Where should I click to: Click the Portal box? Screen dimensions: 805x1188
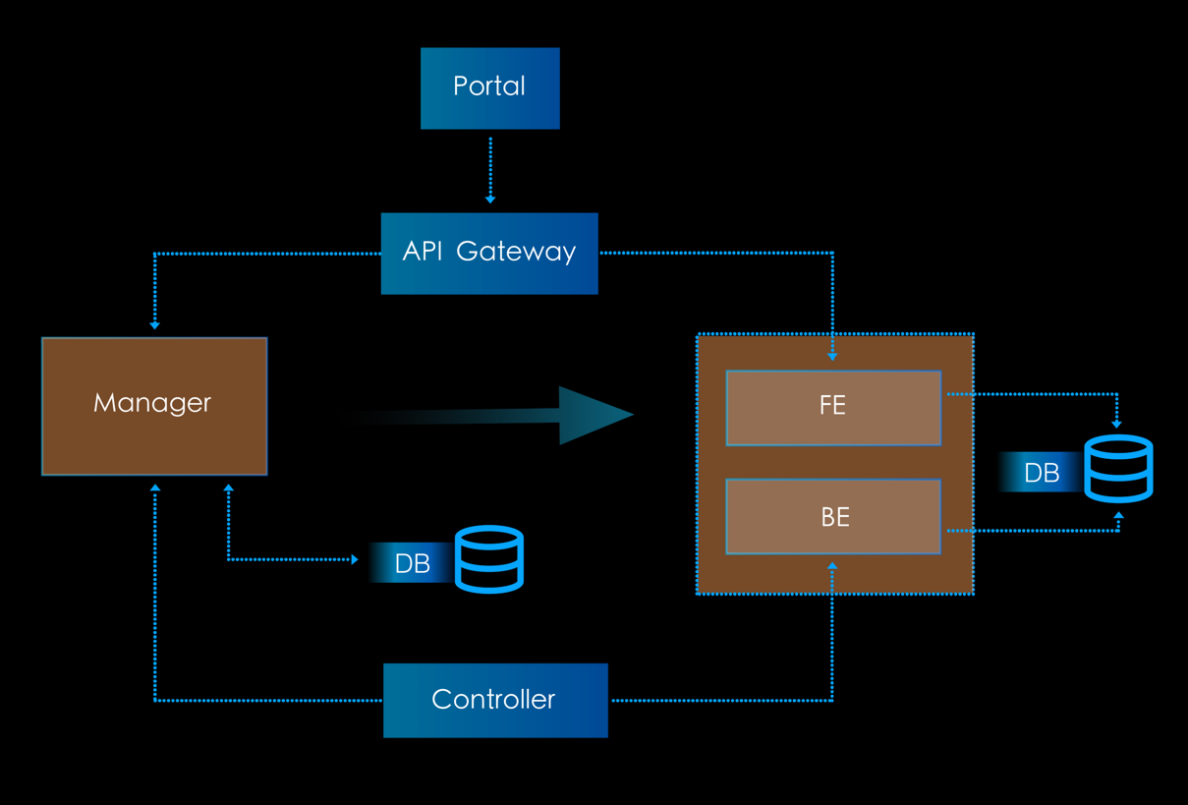tap(489, 87)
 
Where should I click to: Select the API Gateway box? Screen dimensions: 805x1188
tap(488, 253)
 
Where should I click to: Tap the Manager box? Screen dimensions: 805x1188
tap(154, 406)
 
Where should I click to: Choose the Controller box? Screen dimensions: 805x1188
tap(494, 700)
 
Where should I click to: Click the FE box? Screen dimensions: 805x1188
tap(832, 407)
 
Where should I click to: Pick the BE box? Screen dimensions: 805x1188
tap(832, 517)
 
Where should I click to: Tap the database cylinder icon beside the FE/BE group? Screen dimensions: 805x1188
tap(1118, 469)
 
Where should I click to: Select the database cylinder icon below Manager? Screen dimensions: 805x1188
tap(489, 559)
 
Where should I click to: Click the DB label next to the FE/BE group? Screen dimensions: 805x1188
tap(1042, 474)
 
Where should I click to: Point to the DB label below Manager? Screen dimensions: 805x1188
tap(413, 563)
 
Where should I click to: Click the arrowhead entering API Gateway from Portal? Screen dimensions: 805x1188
tap(490, 200)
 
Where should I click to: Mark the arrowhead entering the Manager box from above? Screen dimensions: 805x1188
tap(154, 324)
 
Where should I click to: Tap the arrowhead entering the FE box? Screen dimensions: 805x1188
tap(832, 357)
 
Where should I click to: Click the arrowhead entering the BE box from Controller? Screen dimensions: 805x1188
tap(832, 566)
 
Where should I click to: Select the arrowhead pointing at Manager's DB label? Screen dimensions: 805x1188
tap(355, 559)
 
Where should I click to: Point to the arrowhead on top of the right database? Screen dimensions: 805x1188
tap(1117, 424)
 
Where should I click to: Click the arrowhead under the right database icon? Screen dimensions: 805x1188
tap(1118, 515)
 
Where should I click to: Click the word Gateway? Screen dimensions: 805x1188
tap(516, 253)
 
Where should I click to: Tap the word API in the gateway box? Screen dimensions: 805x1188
tap(423, 252)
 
